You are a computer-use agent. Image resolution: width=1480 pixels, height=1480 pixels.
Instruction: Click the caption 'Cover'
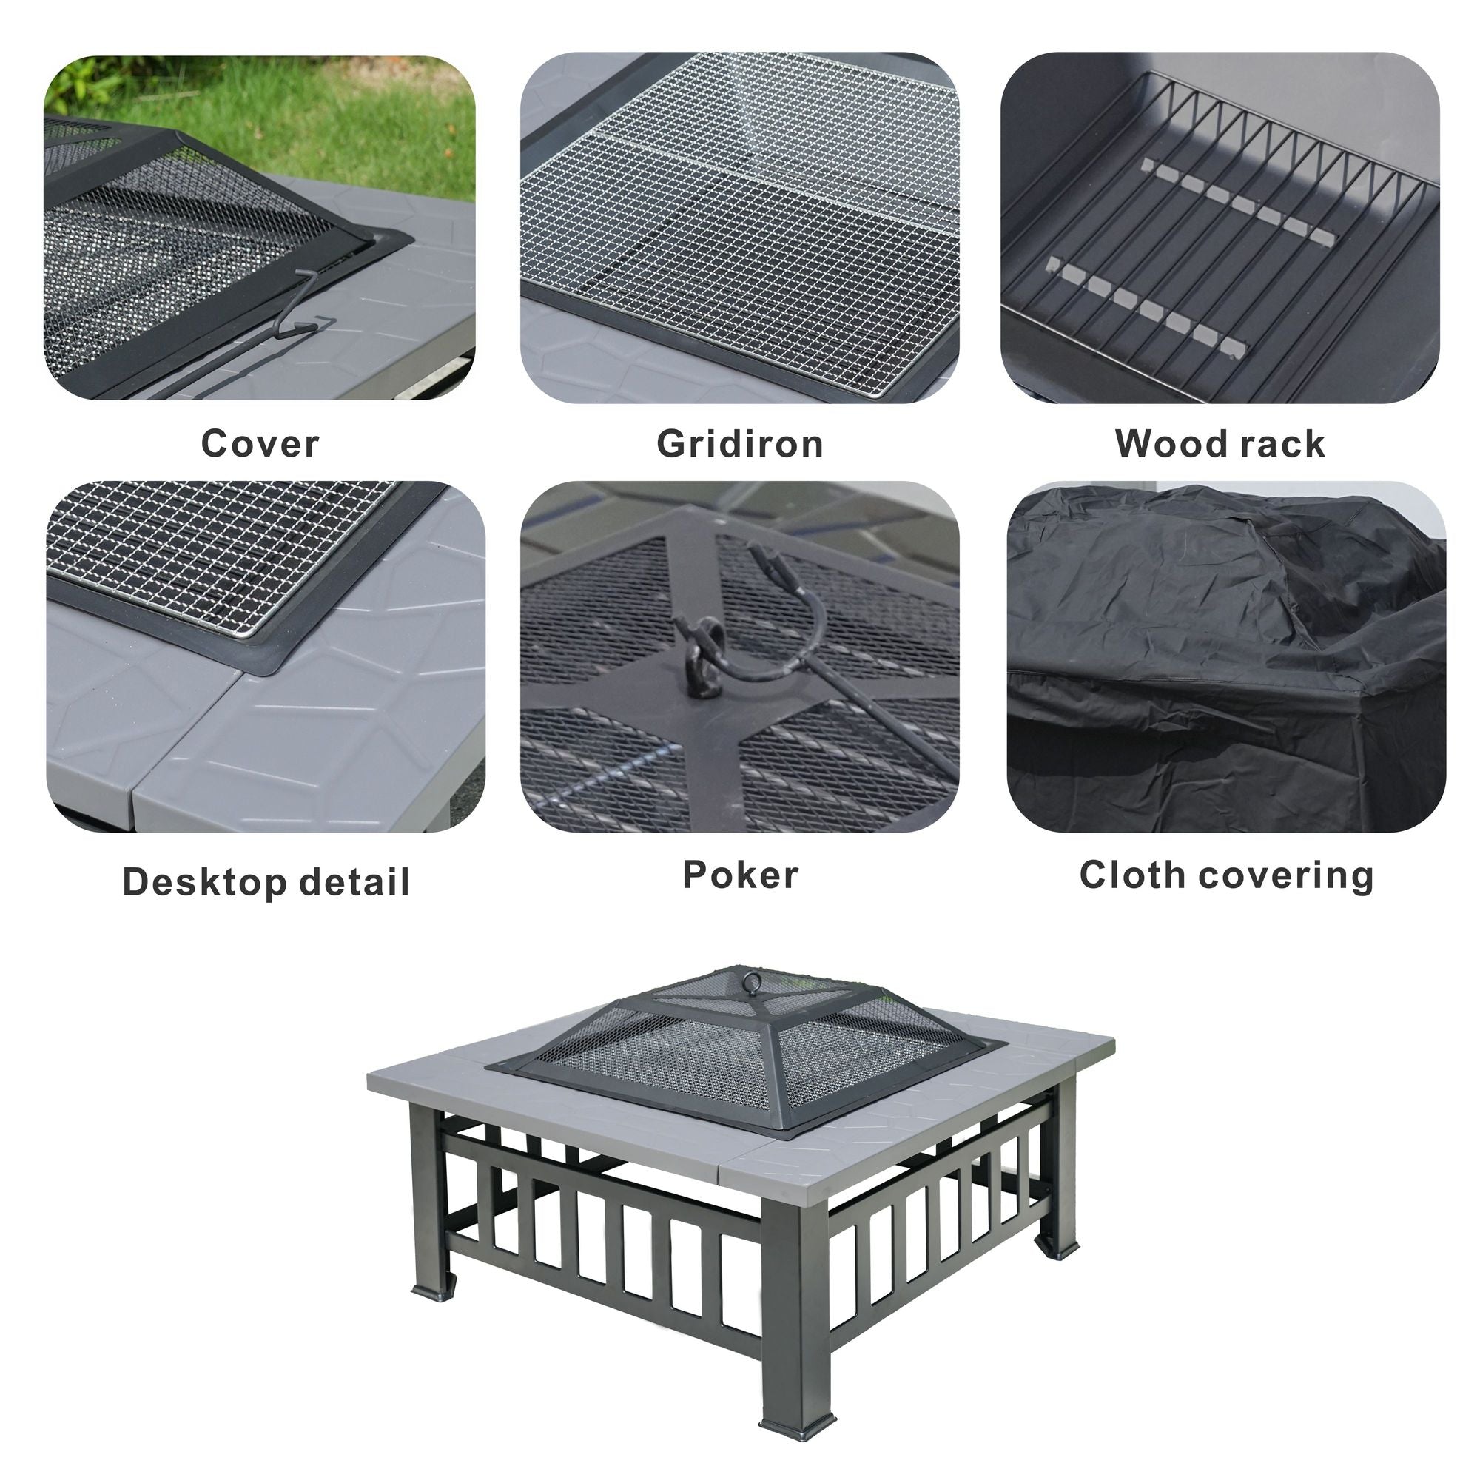pos(260,443)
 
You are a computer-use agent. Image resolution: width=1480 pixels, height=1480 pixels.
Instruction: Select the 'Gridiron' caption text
pos(740,443)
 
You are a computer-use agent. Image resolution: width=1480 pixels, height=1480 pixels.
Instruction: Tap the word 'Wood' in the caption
pos(1163,443)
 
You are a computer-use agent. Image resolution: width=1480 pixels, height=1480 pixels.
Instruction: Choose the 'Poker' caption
pos(740,875)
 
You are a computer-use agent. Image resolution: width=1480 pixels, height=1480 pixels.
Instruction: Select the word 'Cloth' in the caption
pos(1133,875)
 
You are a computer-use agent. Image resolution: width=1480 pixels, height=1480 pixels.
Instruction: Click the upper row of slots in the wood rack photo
pos(1238,202)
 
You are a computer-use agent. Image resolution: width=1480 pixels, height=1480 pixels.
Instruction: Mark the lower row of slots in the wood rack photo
pos(1146,308)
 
